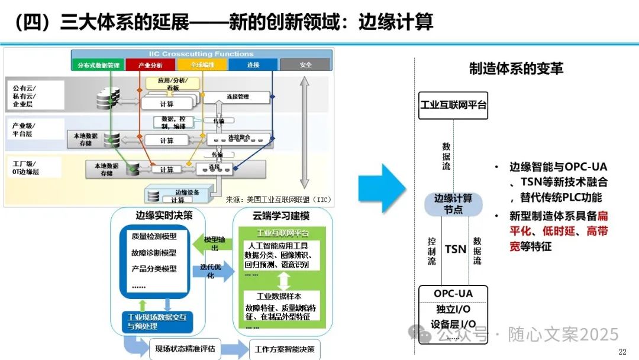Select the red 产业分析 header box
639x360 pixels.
pyautogui.click(x=150, y=65)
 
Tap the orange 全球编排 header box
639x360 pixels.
pyautogui.click(x=202, y=65)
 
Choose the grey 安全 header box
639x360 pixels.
pyautogui.click(x=305, y=65)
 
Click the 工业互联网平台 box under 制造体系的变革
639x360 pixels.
pyautogui.click(x=453, y=105)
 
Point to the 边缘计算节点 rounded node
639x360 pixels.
pyautogui.click(x=453, y=204)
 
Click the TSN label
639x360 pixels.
pyautogui.click(x=456, y=249)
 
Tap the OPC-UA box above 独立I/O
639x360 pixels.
pyautogui.click(x=453, y=294)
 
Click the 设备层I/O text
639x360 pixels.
pyautogui.click(x=453, y=324)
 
